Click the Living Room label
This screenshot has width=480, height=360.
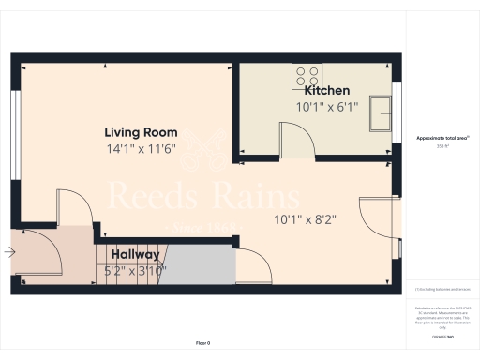[141, 132]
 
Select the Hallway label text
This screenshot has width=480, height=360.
[136, 254]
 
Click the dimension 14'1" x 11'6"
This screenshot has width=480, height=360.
[141, 149]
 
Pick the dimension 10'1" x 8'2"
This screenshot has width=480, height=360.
[306, 221]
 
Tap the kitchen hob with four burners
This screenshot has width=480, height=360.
[307, 74]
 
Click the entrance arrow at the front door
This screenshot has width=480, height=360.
[9, 251]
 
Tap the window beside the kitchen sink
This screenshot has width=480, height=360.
[397, 111]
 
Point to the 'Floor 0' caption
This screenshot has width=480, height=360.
[203, 344]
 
